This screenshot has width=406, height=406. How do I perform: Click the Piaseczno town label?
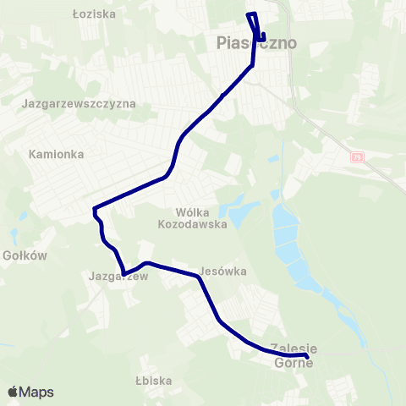(x=251, y=42)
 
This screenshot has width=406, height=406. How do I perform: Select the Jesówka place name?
(x=223, y=272)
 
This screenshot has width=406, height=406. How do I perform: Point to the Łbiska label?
(x=154, y=381)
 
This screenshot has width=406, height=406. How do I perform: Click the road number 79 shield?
(x=357, y=157)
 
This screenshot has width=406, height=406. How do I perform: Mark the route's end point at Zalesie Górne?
(x=305, y=357)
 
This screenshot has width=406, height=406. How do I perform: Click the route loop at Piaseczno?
(x=255, y=25)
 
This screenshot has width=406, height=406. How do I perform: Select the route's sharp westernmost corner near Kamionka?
(x=94, y=208)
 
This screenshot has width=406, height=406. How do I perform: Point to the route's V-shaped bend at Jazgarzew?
(x=124, y=272)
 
